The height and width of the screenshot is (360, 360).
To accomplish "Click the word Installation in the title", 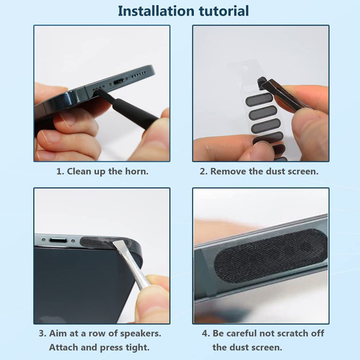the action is (156, 11).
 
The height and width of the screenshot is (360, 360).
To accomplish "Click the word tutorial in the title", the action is (224, 11).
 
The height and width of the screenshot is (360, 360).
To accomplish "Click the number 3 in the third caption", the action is (41, 333).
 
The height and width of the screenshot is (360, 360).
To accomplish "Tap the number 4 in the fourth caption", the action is (205, 333).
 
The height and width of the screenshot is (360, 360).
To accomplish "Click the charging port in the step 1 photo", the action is (118, 81).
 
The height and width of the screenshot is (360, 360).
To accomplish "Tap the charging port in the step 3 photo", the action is (58, 241).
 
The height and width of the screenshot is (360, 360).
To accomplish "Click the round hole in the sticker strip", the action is (245, 68).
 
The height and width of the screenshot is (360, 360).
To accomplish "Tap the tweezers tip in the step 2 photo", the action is (262, 83).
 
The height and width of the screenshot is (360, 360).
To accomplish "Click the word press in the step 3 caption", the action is (111, 348).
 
